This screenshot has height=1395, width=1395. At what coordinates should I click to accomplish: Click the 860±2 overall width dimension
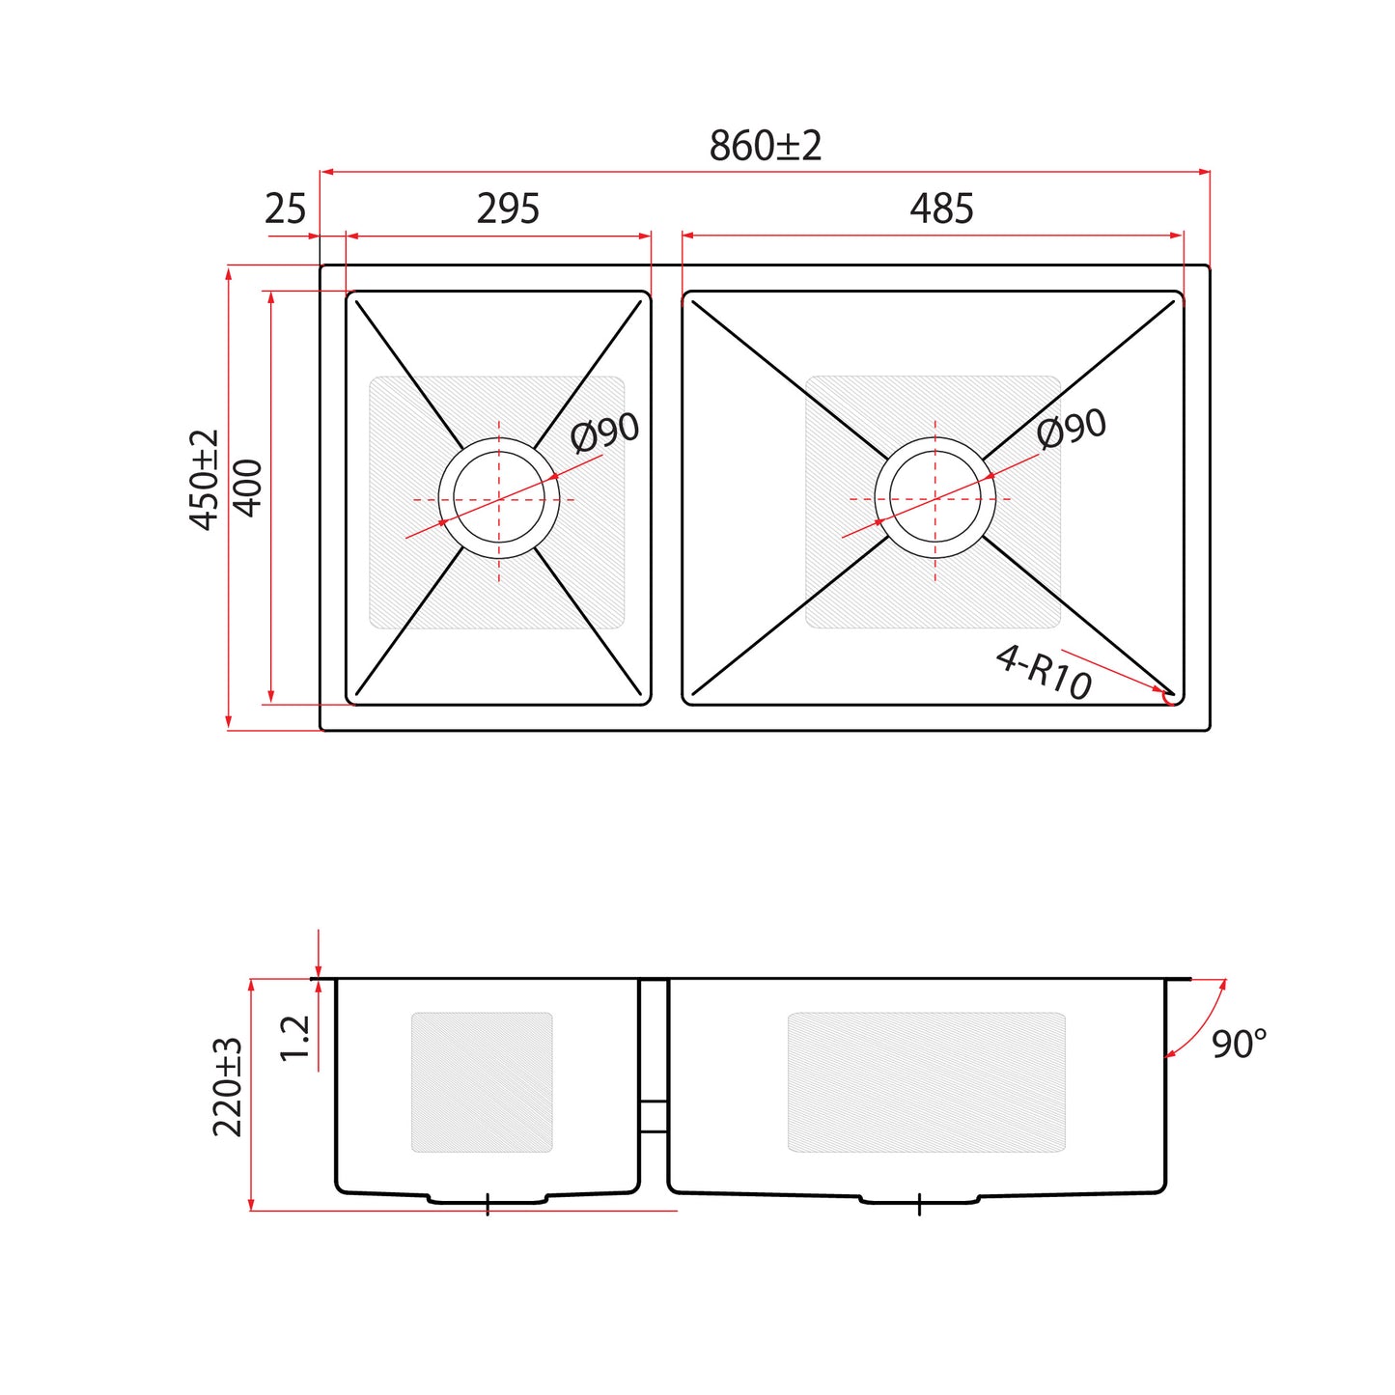765,146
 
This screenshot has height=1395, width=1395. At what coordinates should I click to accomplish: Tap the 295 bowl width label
508,209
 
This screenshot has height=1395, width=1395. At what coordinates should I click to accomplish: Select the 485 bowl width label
941,209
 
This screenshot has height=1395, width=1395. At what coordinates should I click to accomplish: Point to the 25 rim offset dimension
285,209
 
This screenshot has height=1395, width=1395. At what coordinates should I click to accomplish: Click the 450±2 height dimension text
204,479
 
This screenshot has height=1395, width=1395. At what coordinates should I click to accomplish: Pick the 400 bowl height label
248,488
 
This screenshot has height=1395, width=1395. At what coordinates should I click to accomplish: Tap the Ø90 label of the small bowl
604,432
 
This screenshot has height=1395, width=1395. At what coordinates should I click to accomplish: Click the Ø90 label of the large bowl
1071,428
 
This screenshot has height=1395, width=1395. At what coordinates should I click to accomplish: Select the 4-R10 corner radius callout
1044,673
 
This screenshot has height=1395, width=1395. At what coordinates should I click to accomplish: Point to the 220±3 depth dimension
227,1087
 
